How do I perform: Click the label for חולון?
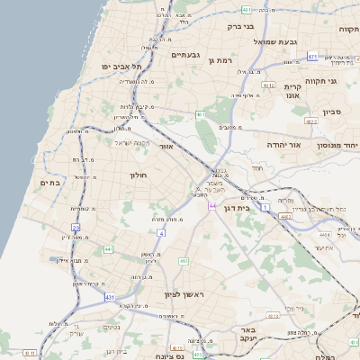pos(138,175)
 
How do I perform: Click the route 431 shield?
pos(109,296)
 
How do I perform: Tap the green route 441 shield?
pos(108,249)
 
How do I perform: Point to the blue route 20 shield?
pos(76,228)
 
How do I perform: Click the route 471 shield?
pos(312,57)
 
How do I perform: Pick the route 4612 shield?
pos(268,85)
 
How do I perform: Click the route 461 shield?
pos(200,115)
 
